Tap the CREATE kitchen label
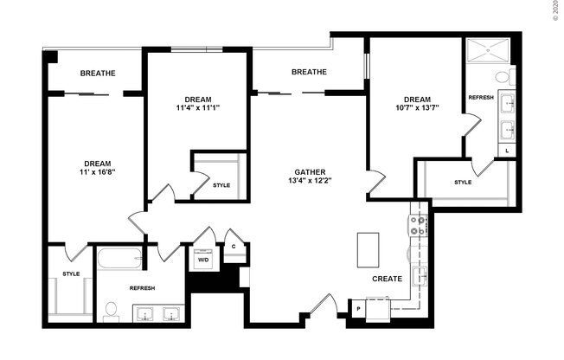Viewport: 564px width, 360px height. point(386,280)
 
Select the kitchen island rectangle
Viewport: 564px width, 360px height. point(368,250)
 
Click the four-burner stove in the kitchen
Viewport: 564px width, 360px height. point(418,226)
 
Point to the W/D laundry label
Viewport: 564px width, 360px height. point(203,259)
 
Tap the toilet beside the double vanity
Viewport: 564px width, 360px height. point(110,309)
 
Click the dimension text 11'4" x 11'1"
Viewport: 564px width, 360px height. point(197,108)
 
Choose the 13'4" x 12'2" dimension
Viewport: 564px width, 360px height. point(309,180)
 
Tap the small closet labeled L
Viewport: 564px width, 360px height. point(507,151)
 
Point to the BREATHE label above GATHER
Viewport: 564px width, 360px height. point(309,72)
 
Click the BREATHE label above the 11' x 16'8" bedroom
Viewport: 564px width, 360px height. point(98,74)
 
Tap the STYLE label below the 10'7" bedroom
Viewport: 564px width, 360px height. point(463,182)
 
